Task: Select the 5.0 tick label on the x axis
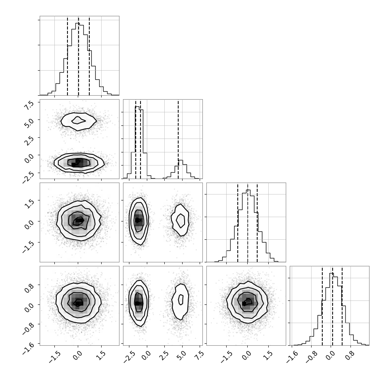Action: point(181,356)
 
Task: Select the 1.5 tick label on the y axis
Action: point(29,204)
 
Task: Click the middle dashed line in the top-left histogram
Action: point(78,56)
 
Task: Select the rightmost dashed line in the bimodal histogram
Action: point(178,139)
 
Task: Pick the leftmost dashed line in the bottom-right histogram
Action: point(322,306)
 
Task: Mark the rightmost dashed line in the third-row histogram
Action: point(257,223)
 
